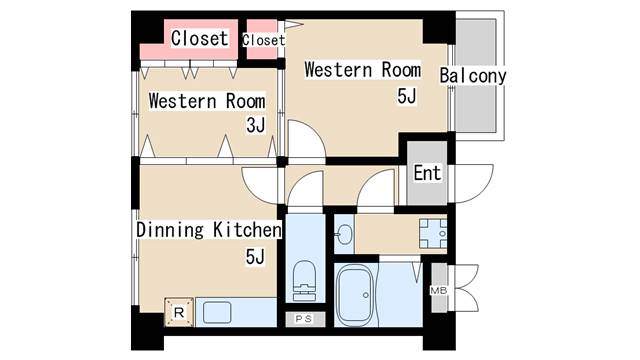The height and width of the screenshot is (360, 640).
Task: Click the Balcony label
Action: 473,76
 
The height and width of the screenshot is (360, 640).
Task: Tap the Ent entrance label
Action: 427,173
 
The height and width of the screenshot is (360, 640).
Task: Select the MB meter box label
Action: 438,291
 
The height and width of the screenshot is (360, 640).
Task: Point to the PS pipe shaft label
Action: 304,319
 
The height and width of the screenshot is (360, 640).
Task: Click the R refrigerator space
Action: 179,313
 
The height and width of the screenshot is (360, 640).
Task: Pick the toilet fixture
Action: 305,281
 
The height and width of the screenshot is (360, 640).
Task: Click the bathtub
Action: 355,296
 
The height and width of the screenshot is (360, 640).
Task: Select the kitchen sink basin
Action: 217,312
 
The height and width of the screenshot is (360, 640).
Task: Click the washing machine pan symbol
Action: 433,233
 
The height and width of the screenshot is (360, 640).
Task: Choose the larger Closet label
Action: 199,38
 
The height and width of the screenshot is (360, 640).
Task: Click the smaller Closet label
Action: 264,40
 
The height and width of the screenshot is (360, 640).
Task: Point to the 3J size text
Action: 256,125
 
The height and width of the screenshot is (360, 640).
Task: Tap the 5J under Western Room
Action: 407,96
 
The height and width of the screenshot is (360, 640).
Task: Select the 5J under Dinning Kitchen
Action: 256,257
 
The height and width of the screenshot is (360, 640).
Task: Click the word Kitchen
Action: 247,230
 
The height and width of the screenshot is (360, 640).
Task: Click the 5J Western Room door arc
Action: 315,130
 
